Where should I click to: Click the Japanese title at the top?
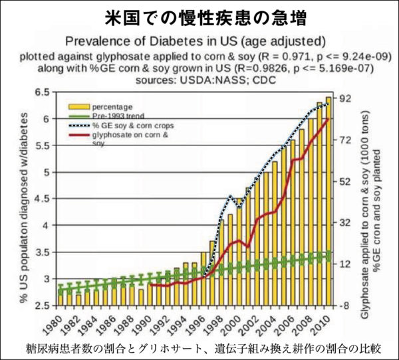point(199,15)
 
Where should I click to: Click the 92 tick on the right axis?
point(346,98)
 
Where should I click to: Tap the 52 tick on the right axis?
point(346,181)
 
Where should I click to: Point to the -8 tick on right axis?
point(346,305)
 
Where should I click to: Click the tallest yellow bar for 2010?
point(328,199)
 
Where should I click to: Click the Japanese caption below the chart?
point(199,348)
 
